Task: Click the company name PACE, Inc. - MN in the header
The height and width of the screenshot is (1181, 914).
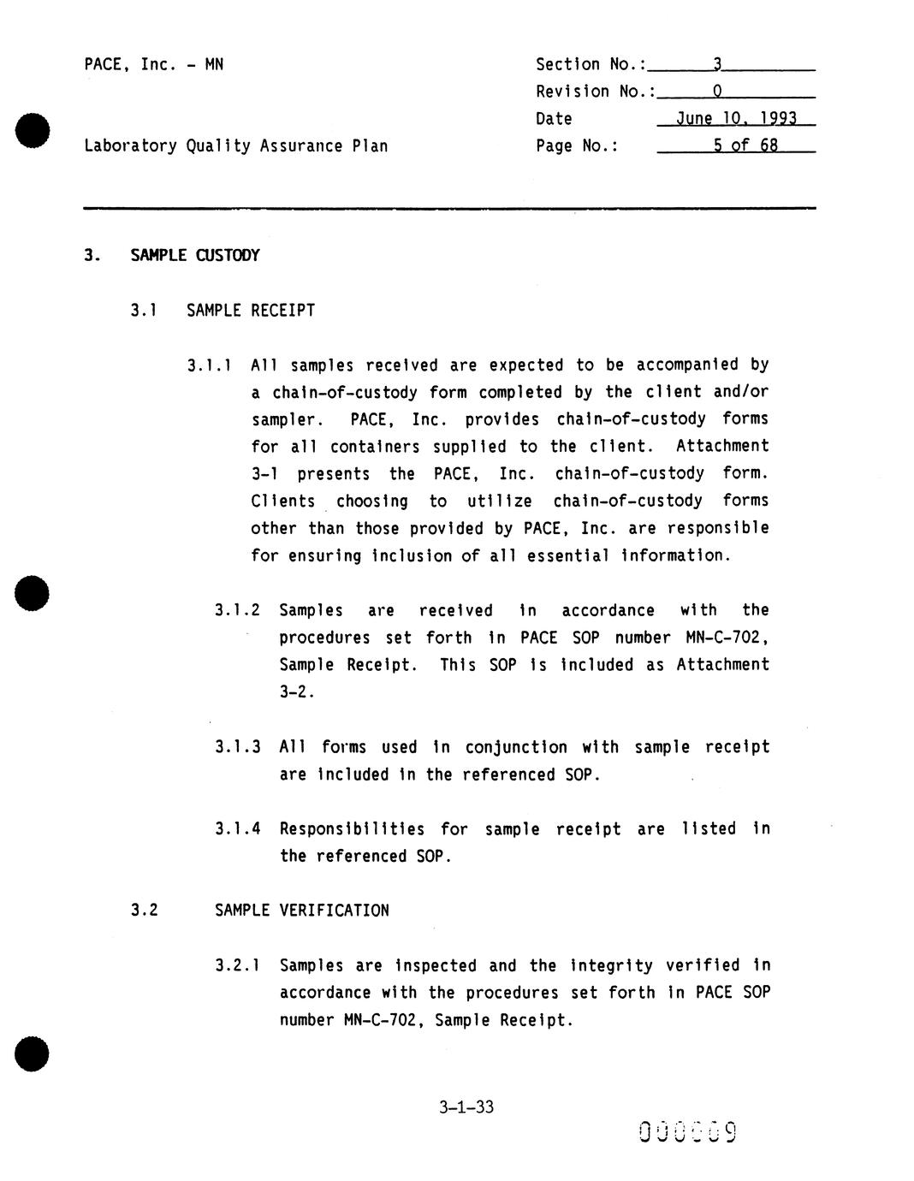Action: pyautogui.click(x=154, y=64)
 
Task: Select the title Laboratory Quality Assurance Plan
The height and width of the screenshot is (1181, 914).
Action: pyautogui.click(x=235, y=145)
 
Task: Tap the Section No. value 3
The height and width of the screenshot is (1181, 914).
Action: pyautogui.click(x=717, y=64)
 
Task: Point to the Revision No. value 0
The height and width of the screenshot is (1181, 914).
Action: pyautogui.click(x=717, y=92)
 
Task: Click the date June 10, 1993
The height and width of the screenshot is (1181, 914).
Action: pyautogui.click(x=736, y=119)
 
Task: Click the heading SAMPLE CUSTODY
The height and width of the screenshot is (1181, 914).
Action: pyautogui.click(x=194, y=255)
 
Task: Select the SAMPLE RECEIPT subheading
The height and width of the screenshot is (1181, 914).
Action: pyautogui.click(x=251, y=310)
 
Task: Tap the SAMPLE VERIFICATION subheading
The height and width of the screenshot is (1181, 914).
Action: pyautogui.click(x=301, y=911)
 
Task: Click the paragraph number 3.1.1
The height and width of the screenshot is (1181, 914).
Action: pyautogui.click(x=210, y=365)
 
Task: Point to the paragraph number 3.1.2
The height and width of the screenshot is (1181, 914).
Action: pyautogui.click(x=237, y=610)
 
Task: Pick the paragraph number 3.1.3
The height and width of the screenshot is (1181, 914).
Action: pyautogui.click(x=237, y=747)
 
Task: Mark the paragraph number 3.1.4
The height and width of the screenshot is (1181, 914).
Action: pyautogui.click(x=237, y=829)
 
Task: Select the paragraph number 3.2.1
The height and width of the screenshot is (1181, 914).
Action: pyautogui.click(x=237, y=966)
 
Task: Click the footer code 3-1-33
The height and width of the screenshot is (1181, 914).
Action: pyautogui.click(x=466, y=1107)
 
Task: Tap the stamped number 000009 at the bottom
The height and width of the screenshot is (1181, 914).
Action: pyautogui.click(x=687, y=1132)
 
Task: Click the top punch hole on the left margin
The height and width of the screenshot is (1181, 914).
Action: pyautogui.click(x=33, y=130)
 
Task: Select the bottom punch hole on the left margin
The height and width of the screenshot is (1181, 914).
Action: pyautogui.click(x=33, y=1053)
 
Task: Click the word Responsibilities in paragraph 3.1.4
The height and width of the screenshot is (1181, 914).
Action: pyautogui.click(x=352, y=829)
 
